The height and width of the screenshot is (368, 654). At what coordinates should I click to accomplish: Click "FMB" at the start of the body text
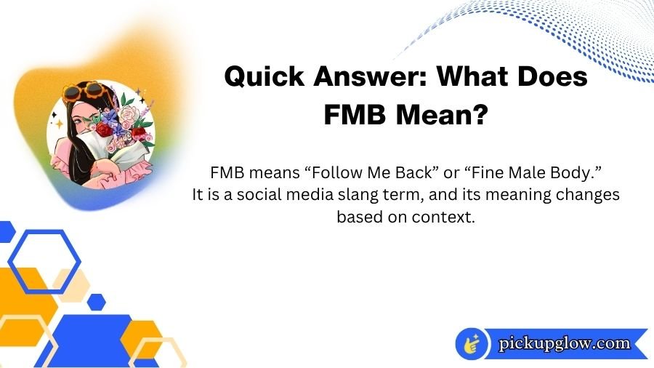click(x=227, y=174)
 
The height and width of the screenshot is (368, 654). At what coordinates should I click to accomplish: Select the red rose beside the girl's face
click(x=107, y=129)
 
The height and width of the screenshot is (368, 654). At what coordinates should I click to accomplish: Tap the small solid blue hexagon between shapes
click(x=96, y=301)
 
